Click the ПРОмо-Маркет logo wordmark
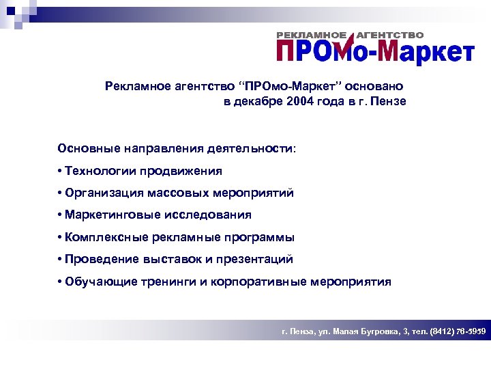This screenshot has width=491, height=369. (x=374, y=51)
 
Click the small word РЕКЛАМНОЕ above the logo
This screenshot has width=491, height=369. (x=312, y=35)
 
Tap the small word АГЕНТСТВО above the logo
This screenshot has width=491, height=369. (x=391, y=35)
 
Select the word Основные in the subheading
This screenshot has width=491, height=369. (x=88, y=148)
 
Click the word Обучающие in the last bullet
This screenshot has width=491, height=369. (x=100, y=282)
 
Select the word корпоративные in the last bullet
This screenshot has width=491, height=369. (x=258, y=282)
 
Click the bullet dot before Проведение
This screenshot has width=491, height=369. (x=61, y=260)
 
